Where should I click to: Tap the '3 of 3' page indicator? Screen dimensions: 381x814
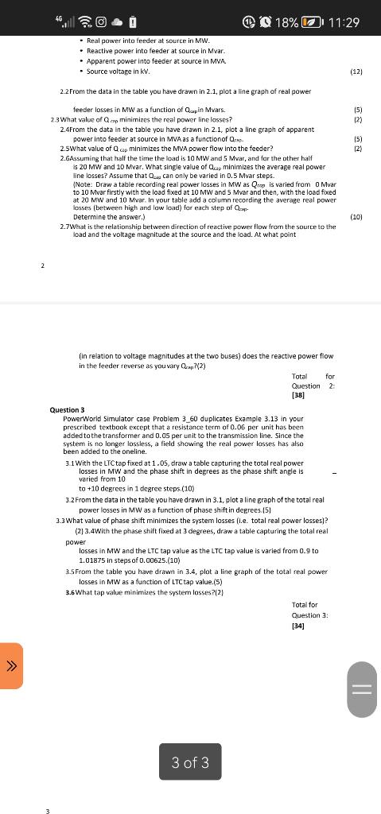[190, 762]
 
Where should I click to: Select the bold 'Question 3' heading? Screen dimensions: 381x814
[67, 409]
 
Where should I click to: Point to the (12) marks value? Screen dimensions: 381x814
[356, 72]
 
